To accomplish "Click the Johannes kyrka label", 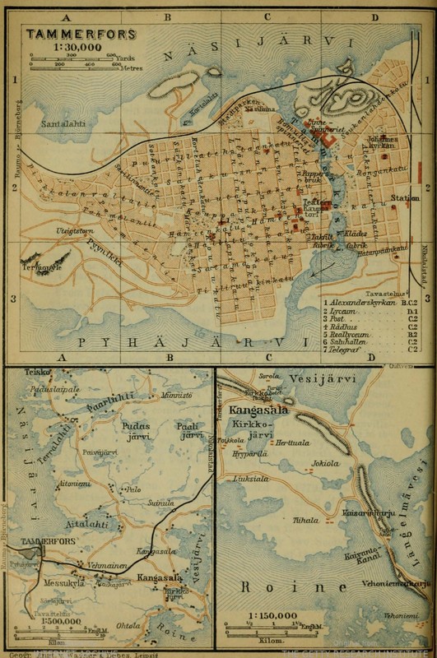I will coord(384,141).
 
